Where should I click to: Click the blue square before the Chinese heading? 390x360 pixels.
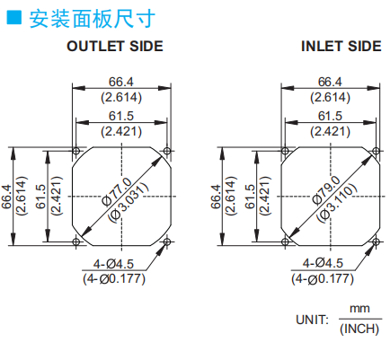(14, 17)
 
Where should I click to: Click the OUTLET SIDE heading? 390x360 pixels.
(115, 47)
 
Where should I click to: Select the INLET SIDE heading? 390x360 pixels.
(341, 47)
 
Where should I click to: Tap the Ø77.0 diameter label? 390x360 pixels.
(117, 191)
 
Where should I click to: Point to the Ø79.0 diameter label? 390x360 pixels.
(326, 190)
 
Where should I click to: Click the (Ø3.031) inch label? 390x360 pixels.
(129, 203)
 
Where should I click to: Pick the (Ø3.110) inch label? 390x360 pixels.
(337, 203)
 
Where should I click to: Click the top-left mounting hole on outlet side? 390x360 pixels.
(75, 150)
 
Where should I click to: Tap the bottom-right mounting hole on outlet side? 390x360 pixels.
(167, 241)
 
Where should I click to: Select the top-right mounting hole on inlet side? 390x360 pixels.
(376, 151)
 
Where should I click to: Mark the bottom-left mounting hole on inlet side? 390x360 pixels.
(285, 241)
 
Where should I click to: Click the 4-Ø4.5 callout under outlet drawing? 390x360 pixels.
(113, 264)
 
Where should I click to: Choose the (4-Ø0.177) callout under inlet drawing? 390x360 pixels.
(323, 279)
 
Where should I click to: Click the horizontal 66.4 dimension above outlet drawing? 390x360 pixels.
(121, 82)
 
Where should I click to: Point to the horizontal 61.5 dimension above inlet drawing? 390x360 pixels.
(330, 116)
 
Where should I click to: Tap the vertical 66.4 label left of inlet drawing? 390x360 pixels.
(216, 197)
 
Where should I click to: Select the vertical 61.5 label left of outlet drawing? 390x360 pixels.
(40, 197)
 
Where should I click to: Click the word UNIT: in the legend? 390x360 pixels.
(312, 320)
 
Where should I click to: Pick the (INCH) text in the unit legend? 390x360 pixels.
(359, 329)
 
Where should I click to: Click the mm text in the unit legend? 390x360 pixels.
(359, 308)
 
